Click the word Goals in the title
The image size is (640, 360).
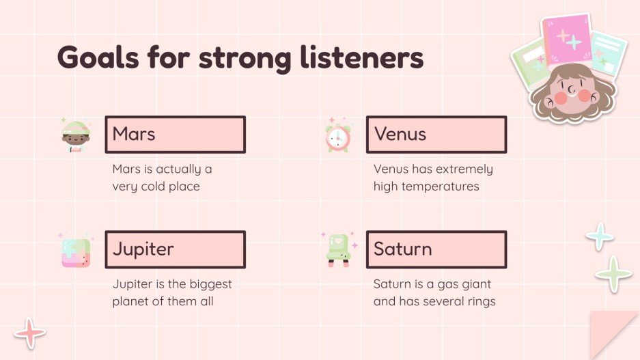click(94, 58)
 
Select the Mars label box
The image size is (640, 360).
click(175, 135)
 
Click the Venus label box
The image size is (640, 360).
click(436, 135)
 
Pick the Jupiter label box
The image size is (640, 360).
click(175, 249)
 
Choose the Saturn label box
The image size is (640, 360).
click(436, 249)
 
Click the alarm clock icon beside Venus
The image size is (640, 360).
click(337, 137)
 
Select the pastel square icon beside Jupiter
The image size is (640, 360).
click(75, 251)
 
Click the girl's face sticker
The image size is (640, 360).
click(572, 92)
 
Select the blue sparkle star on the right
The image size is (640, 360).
click(600, 236)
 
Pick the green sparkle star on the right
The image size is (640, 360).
click(613, 275)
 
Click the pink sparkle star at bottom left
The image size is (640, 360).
click(30, 333)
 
